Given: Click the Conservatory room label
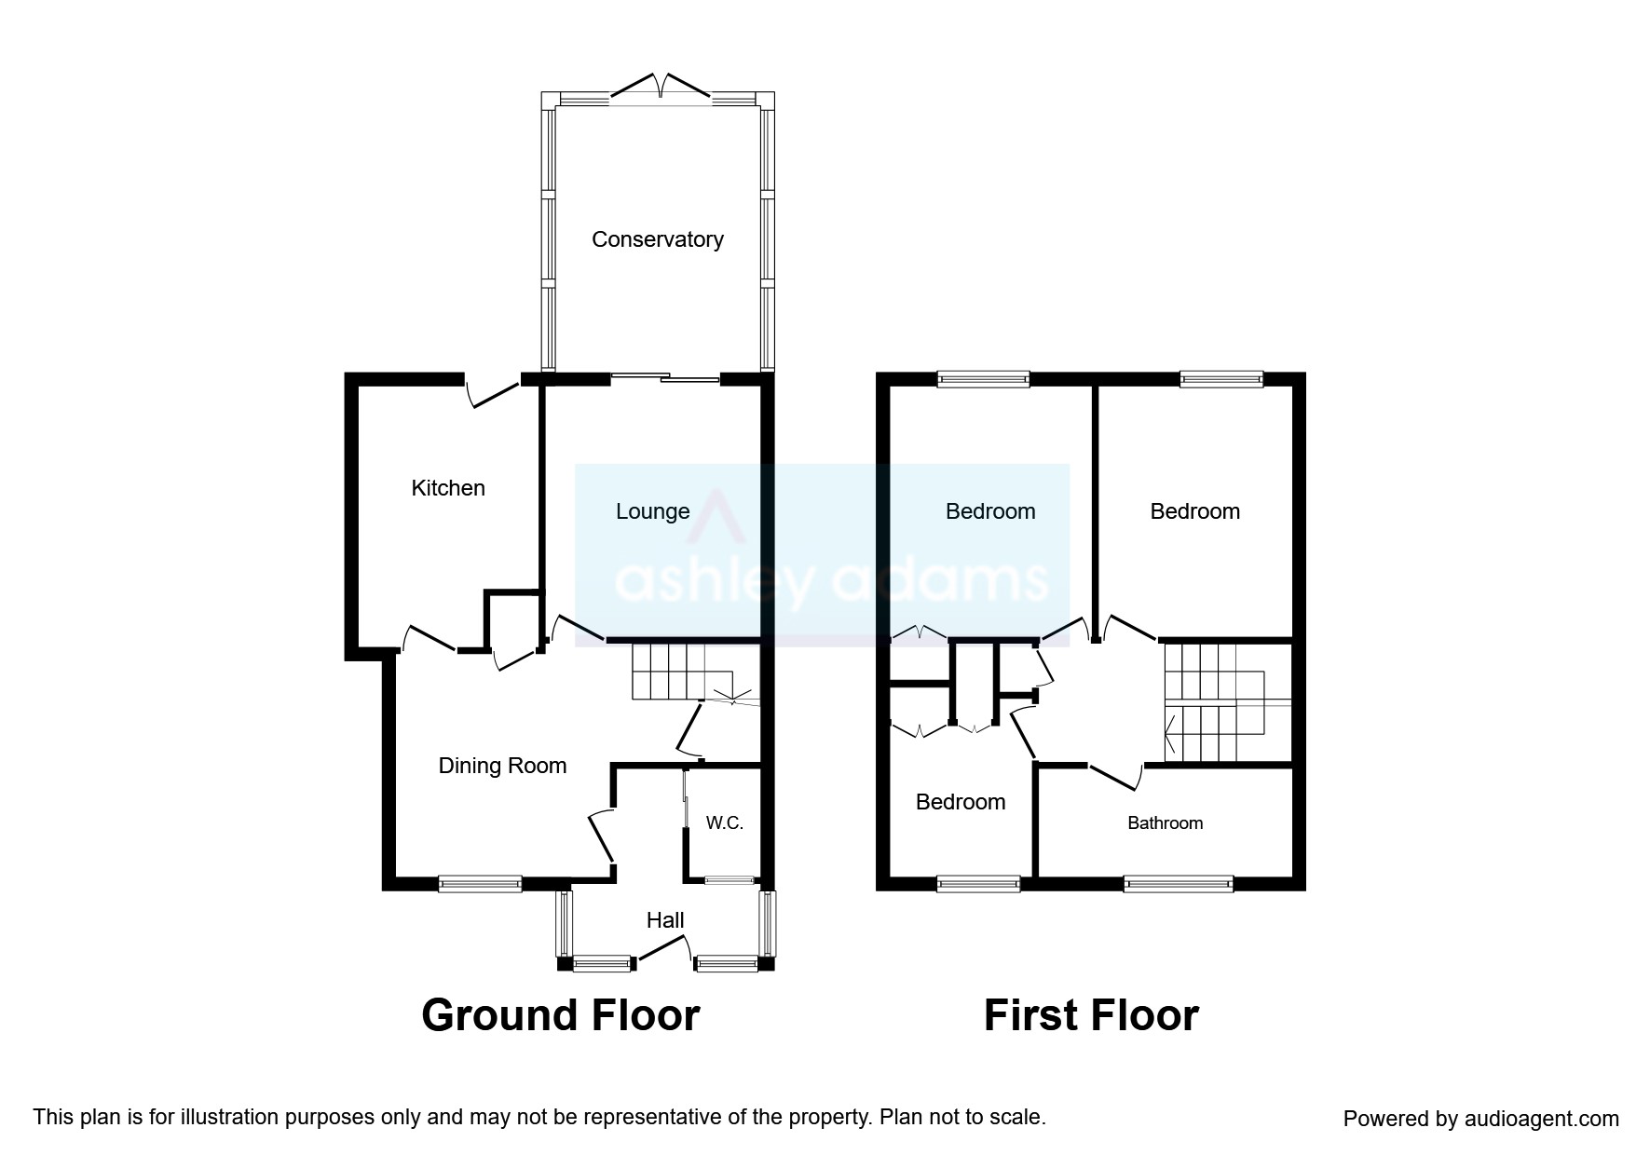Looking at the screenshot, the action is click(x=658, y=239).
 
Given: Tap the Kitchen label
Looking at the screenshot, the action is click(x=448, y=488).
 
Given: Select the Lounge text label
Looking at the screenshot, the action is click(x=652, y=511).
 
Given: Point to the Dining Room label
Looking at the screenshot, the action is click(x=502, y=766).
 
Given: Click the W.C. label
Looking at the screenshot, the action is click(x=725, y=823).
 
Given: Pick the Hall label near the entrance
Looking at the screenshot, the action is click(x=665, y=920).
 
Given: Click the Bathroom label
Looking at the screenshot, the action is click(x=1165, y=823).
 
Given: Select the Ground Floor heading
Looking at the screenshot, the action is click(x=561, y=1015).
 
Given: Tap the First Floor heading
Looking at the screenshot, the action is click(x=1091, y=1015).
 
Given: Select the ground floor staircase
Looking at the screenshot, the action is click(x=695, y=671).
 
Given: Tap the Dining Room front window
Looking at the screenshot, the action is click(x=481, y=884).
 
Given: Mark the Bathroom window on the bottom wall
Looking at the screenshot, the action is click(x=1179, y=884).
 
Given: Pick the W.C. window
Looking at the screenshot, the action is click(x=730, y=879).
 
